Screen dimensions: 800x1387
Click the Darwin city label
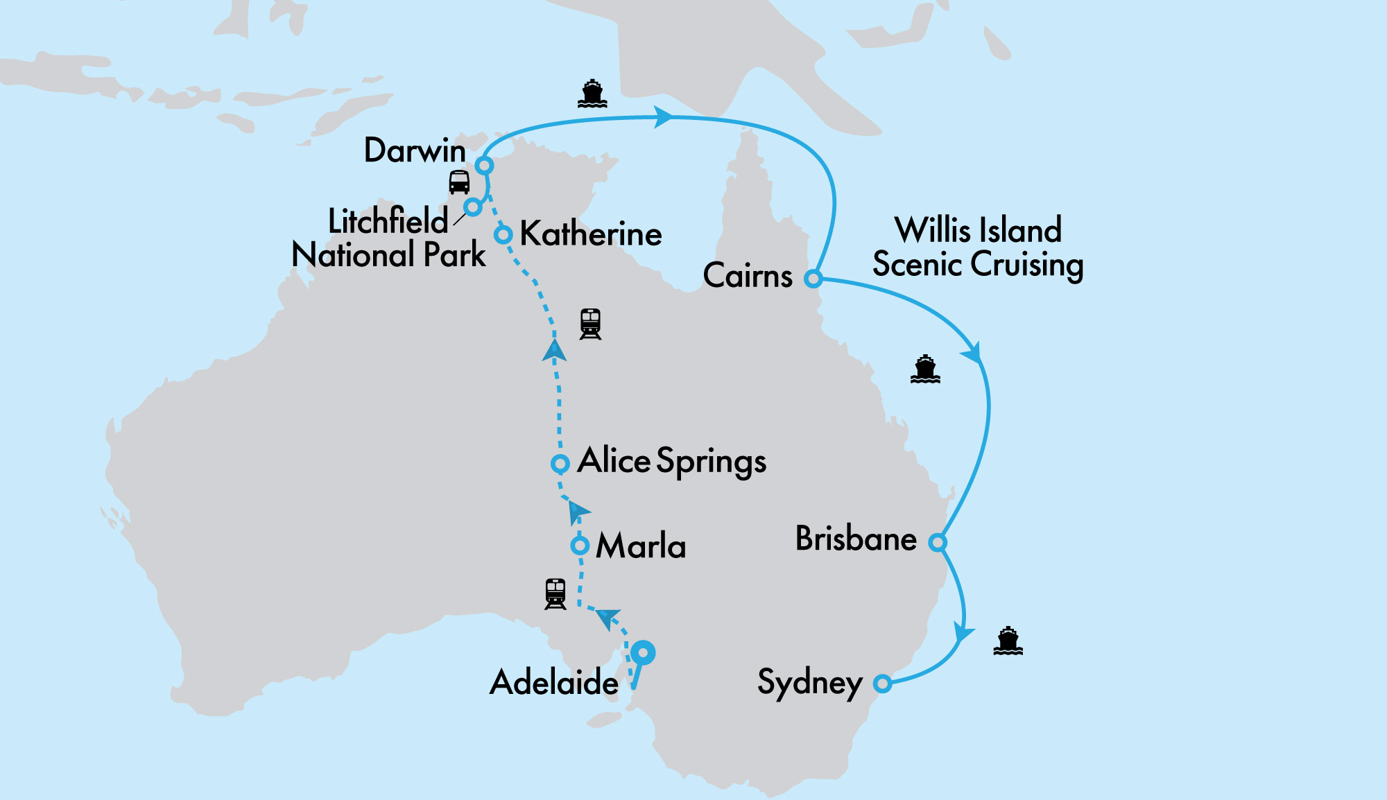pyautogui.click(x=415, y=150)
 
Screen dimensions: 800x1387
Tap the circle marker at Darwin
pyautogui.click(x=484, y=166)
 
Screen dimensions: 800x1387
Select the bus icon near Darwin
pyautogui.click(x=459, y=182)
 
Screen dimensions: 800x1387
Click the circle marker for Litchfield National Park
pyautogui.click(x=473, y=207)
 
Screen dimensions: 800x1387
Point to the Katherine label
pyautogui.click(x=591, y=234)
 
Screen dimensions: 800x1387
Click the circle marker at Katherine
pyautogui.click(x=503, y=234)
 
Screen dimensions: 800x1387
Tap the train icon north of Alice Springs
pyautogui.click(x=590, y=324)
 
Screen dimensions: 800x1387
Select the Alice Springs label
pyautogui.click(x=672, y=461)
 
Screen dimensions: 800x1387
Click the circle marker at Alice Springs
pyautogui.click(x=560, y=463)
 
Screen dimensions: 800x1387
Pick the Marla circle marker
pyautogui.click(x=580, y=546)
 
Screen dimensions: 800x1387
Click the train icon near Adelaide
pyautogui.click(x=555, y=594)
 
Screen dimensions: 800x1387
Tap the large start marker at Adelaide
pyautogui.click(x=644, y=652)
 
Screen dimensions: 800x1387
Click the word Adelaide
pyautogui.click(x=554, y=682)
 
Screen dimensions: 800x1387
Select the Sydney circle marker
pyautogui.click(x=882, y=684)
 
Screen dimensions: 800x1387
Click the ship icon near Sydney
pyautogui.click(x=1008, y=641)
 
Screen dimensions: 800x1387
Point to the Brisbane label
pyautogui.click(x=856, y=539)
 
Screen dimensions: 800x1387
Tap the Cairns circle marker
pyautogui.click(x=813, y=279)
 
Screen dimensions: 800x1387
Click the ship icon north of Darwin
pyautogui.click(x=592, y=94)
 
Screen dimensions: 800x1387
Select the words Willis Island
pyautogui.click(x=978, y=230)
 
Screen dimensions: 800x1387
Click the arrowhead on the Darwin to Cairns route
pyautogui.click(x=663, y=117)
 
